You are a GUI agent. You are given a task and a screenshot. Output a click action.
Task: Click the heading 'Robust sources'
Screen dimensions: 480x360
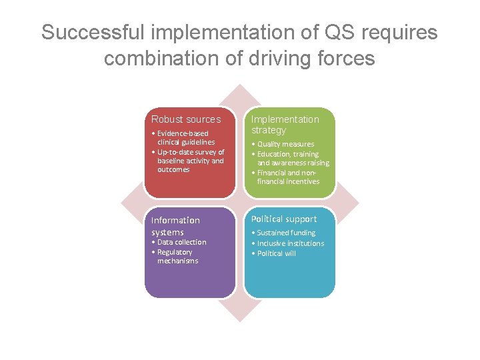click(x=185, y=119)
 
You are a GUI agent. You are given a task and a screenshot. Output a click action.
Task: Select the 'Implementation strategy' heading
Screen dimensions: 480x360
click(x=285, y=125)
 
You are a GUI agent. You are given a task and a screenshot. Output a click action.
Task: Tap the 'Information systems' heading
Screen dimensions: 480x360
click(x=175, y=226)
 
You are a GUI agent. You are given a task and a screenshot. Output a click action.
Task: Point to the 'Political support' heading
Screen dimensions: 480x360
click(x=283, y=219)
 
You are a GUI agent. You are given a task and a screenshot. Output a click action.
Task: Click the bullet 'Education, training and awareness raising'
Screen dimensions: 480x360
click(x=290, y=158)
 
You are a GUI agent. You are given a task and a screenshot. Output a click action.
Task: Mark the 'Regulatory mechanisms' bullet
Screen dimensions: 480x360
click(x=175, y=256)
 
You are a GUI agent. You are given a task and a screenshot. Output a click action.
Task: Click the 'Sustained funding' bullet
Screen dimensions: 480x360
click(x=283, y=233)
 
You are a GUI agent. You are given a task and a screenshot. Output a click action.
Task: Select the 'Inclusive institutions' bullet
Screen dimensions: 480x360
click(x=287, y=243)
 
